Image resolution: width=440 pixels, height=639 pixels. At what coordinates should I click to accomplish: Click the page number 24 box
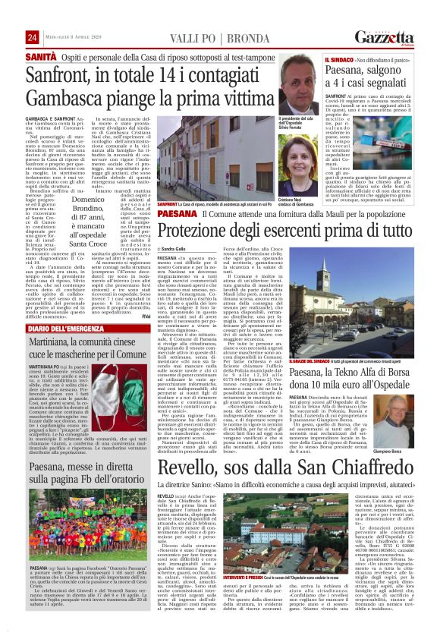pos(32,38)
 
